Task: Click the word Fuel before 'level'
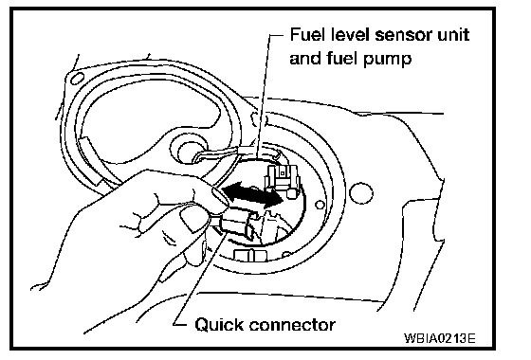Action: coord(307,35)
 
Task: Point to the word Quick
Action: coord(219,325)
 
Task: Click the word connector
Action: coord(292,325)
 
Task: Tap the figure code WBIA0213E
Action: coord(440,337)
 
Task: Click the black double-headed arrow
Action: coord(252,195)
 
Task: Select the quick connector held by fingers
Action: coord(238,224)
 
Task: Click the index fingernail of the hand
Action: coord(220,197)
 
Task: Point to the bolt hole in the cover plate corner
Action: coord(77,80)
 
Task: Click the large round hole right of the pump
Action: coord(361,193)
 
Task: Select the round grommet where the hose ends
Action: coord(188,152)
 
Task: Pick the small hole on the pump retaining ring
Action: coord(320,205)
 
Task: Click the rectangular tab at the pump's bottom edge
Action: coord(250,256)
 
